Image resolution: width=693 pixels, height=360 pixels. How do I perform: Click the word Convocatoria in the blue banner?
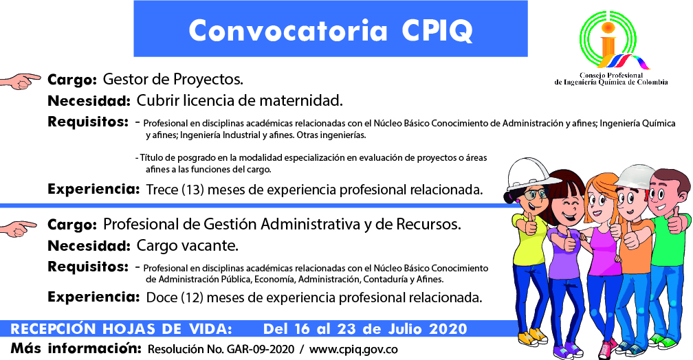(287, 30)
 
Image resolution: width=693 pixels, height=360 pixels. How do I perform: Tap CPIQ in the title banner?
(437, 31)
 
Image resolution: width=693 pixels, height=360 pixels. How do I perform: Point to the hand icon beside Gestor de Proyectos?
(20, 81)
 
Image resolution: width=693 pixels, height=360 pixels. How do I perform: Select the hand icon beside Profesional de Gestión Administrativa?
(19, 228)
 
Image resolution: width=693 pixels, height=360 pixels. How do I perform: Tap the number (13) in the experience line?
(192, 190)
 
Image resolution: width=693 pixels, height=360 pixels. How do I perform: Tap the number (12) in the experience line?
(192, 297)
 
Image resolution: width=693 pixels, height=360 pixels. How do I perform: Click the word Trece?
(162, 190)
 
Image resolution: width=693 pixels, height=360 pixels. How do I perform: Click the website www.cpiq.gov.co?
(353, 350)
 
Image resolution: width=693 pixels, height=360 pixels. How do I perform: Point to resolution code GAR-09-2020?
(261, 350)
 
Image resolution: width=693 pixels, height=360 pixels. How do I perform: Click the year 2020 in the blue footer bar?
(448, 329)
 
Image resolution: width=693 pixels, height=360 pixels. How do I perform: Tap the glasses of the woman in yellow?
(535, 194)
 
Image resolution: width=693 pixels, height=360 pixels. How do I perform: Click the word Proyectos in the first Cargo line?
(208, 80)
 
